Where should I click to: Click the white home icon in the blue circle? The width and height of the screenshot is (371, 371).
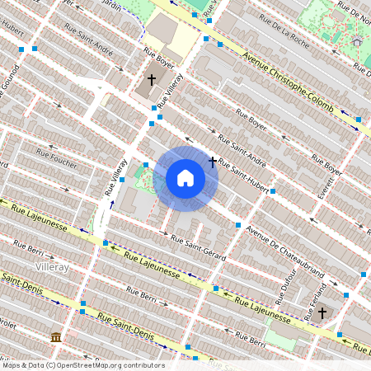(185, 178)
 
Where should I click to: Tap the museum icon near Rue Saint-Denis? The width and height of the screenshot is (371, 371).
(55, 338)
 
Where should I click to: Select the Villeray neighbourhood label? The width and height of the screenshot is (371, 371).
(52, 268)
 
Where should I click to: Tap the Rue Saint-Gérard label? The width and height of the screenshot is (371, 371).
(198, 248)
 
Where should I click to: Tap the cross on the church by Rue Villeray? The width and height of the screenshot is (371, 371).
(151, 81)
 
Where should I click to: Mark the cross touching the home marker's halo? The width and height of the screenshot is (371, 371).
(214, 162)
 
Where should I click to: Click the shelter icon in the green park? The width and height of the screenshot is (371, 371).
(357, 40)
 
